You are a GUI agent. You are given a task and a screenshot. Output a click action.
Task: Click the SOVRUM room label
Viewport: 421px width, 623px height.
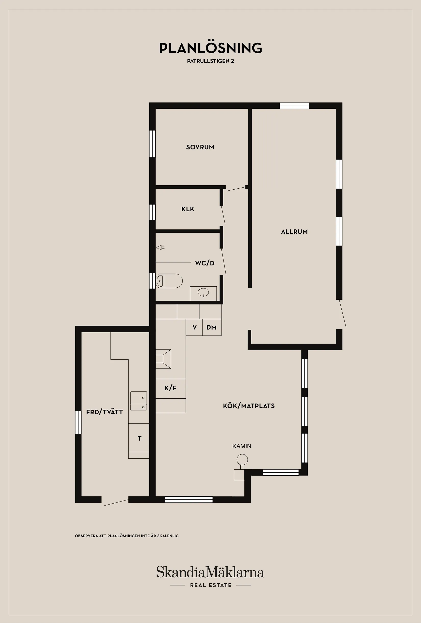[x=200, y=147]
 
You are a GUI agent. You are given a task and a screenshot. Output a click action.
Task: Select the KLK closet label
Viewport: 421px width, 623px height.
[x=188, y=209]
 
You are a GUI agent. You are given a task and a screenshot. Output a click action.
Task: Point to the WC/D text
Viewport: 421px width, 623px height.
[x=205, y=263]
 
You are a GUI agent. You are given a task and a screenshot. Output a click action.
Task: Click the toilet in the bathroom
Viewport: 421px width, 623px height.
[x=169, y=281]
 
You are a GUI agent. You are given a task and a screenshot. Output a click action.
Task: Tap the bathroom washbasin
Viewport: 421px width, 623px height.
[x=203, y=292]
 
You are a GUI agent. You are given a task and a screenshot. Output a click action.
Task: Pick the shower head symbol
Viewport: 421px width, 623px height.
[x=160, y=247]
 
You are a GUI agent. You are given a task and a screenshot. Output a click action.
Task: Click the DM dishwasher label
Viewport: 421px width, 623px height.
[x=212, y=327]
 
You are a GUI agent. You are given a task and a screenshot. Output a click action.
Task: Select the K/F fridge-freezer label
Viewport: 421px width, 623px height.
[x=170, y=388]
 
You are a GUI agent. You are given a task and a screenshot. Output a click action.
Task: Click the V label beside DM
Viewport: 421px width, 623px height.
[x=195, y=327]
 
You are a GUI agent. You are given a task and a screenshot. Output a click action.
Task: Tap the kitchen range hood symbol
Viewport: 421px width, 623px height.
[x=163, y=359]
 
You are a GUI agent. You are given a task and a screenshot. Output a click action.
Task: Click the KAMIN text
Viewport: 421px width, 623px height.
[x=242, y=446]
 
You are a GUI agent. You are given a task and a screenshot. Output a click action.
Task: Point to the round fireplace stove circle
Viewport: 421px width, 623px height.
[x=242, y=460]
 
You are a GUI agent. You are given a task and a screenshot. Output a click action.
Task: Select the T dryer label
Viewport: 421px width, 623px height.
[x=139, y=438]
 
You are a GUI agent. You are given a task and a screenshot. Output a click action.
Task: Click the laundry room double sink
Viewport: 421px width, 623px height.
[x=139, y=401]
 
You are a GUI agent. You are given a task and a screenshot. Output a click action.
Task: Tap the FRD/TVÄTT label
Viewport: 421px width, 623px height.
[x=105, y=412]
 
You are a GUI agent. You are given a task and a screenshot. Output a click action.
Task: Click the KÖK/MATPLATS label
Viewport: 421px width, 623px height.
[x=249, y=406]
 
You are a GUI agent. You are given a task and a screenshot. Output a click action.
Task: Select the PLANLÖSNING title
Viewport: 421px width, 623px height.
[x=211, y=48]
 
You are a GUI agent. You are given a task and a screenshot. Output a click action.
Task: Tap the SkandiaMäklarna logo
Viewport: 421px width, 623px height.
[x=210, y=572]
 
